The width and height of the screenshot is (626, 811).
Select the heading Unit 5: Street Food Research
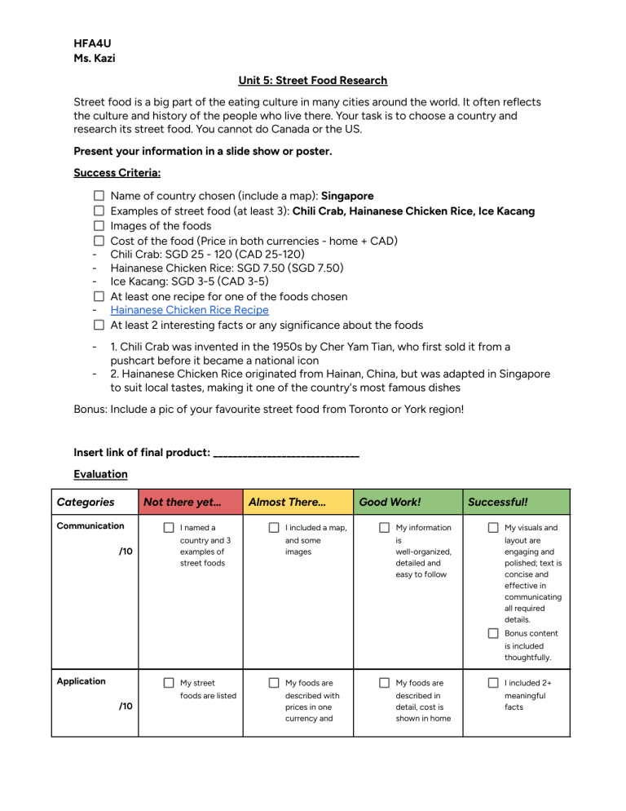coord(313,80)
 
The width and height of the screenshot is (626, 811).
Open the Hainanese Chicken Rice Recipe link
coord(189,310)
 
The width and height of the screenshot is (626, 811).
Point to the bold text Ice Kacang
coord(500,211)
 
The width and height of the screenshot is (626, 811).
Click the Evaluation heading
coord(100,473)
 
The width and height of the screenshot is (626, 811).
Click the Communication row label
coord(90,526)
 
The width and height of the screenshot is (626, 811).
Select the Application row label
coord(81,681)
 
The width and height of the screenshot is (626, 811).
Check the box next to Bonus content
coord(493,634)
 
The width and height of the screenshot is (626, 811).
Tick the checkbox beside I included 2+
coord(493,683)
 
